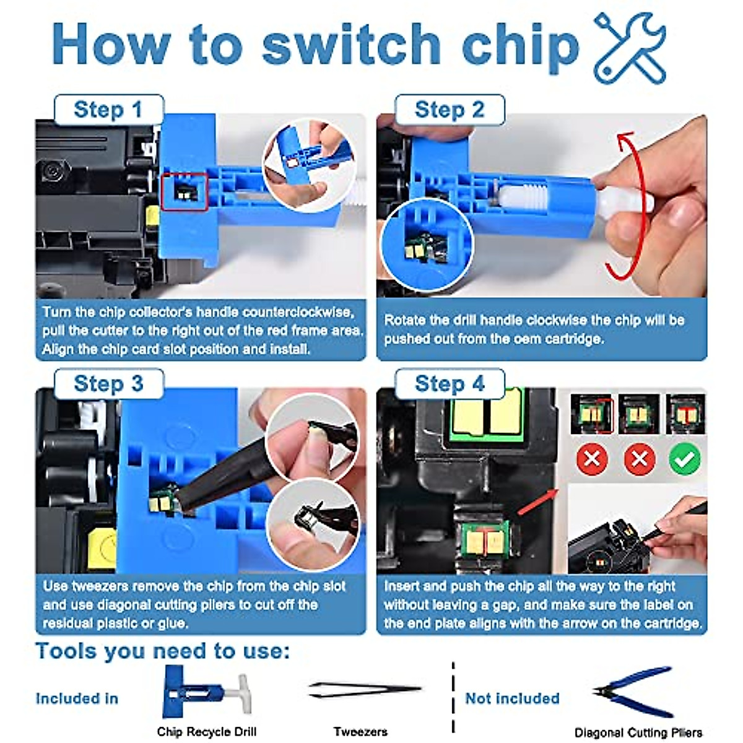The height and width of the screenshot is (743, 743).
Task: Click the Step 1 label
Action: coord(109,110)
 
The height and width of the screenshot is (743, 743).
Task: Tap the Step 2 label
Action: coord(450,110)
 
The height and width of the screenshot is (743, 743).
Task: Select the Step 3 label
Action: coord(109,384)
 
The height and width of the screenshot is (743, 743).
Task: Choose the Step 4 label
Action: coord(450,384)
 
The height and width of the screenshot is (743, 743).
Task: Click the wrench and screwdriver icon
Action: coord(630,48)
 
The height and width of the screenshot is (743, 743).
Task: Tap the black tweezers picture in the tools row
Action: coord(365,690)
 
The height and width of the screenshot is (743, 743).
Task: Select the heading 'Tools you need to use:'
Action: coord(162,651)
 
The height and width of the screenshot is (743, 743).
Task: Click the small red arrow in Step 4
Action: coord(538,502)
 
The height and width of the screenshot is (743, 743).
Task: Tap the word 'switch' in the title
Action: coord(351,45)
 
